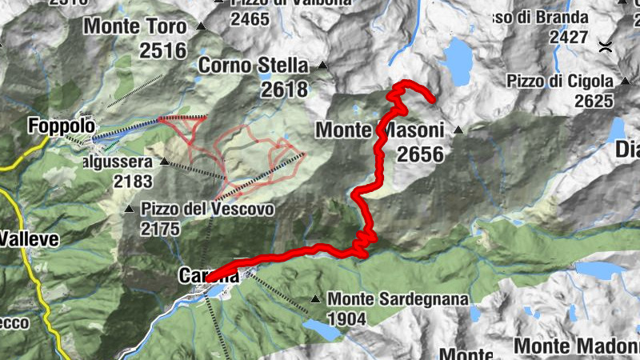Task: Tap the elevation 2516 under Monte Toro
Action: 162,51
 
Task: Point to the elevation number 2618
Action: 284,89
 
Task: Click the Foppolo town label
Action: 61,126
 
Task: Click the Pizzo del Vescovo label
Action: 207,210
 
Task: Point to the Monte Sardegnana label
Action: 398,298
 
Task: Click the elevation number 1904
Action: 346,319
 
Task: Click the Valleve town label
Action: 25,238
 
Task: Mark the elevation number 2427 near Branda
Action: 569,36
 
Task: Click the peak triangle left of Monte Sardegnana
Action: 316,299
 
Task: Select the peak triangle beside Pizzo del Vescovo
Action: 129,210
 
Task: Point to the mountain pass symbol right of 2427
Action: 607,46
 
